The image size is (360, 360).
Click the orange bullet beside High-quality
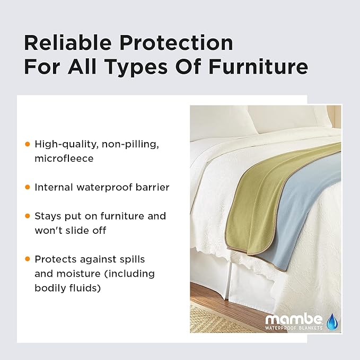click(28, 144)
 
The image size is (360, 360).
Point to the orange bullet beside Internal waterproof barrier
click(28, 187)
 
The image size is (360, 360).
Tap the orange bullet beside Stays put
click(28, 216)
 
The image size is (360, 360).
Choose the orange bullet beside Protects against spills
click(28, 259)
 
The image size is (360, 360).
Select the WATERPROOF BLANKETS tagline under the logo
click(294, 328)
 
